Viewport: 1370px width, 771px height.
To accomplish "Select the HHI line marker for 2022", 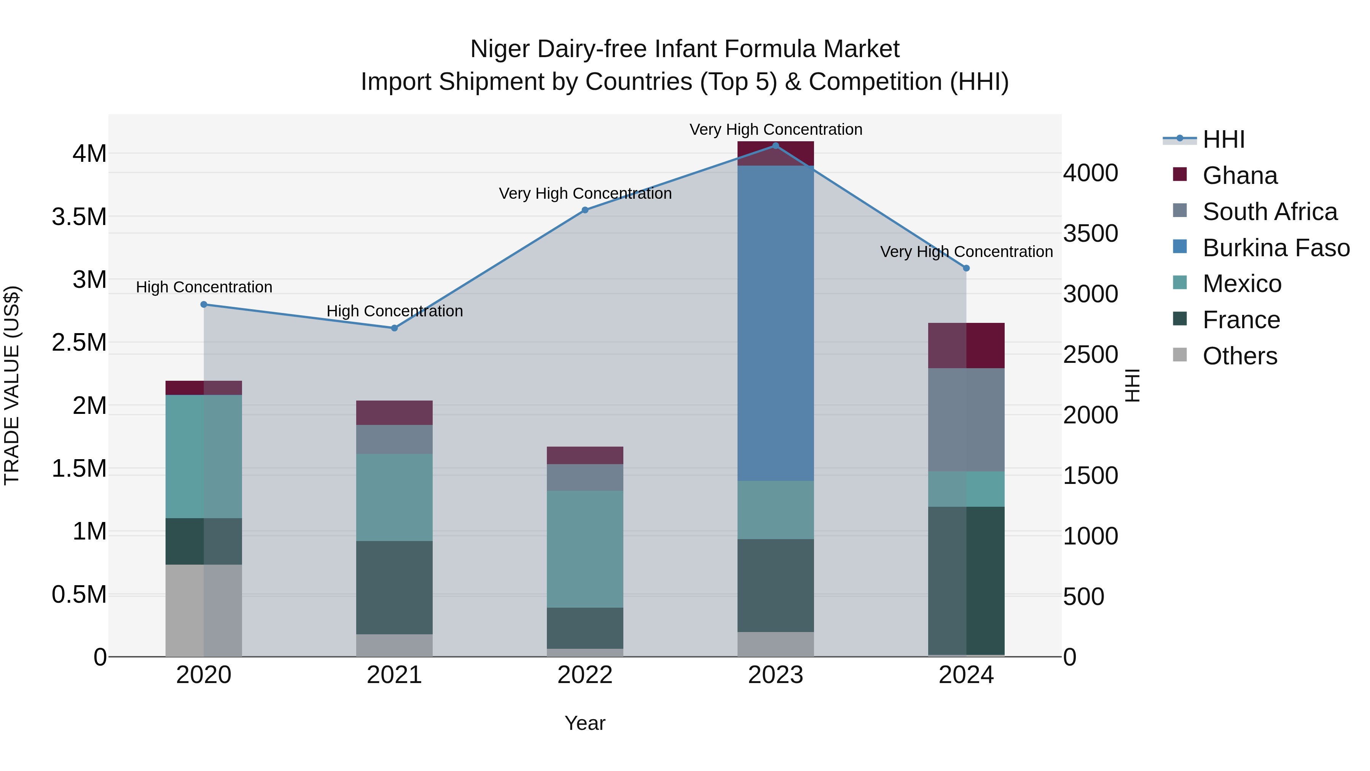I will (585, 210).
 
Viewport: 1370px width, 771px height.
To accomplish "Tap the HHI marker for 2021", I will (394, 328).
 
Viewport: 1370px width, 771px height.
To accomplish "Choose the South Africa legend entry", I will (1270, 212).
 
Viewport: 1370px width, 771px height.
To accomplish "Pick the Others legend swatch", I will (1180, 354).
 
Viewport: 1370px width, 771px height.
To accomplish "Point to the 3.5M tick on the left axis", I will (79, 217).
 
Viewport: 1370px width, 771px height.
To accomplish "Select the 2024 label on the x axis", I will (966, 675).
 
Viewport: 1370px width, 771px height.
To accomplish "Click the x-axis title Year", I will (585, 723).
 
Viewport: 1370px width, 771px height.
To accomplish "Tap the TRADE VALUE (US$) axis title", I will (12, 385).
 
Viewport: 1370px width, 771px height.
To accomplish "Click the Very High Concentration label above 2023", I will (776, 129).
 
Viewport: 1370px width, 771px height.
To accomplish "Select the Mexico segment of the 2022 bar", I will (585, 549).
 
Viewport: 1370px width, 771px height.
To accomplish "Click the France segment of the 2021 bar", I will (394, 587).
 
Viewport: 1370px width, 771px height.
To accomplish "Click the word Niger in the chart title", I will (500, 49).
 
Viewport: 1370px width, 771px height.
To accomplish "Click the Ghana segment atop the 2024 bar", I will (966, 345).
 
